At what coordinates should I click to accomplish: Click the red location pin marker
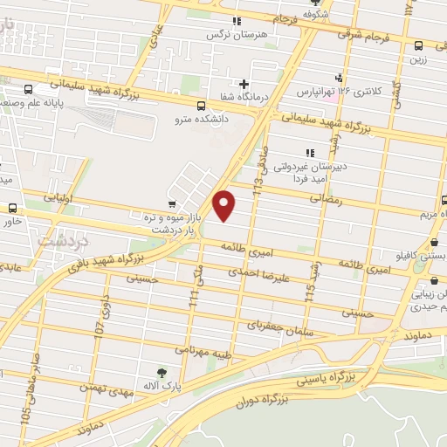point(224,205)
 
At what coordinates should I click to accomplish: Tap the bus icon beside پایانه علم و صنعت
point(30,89)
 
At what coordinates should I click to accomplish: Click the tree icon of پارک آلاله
point(161,372)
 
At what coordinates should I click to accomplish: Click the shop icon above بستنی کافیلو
point(435,243)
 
